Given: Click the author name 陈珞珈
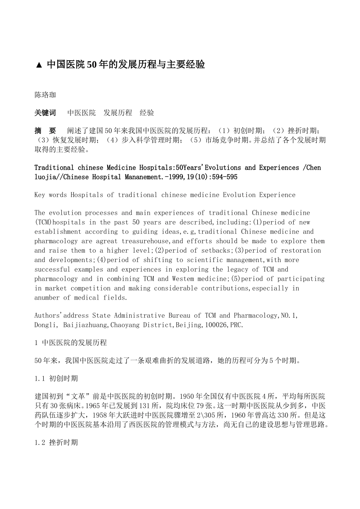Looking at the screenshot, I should point(45,95).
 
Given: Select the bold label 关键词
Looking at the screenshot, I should point(45,113).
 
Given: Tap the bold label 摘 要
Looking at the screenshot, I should point(45,131).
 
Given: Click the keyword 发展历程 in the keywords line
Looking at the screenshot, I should point(118,113).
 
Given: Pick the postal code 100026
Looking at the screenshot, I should point(216,325).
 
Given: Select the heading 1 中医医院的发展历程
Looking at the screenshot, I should point(70,343).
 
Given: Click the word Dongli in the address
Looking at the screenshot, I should point(46,325).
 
